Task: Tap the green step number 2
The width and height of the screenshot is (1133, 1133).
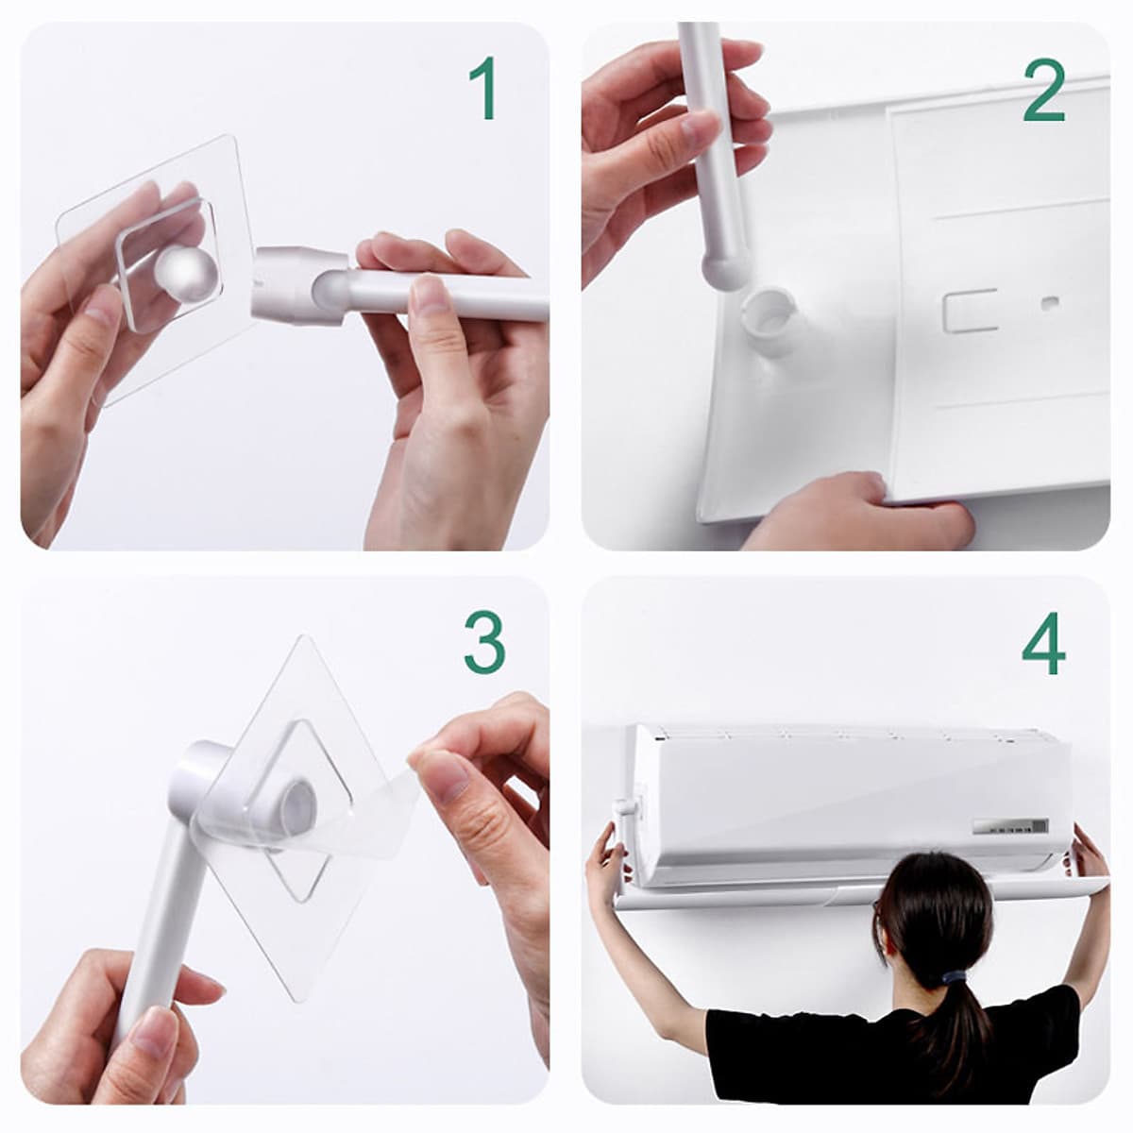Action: pyautogui.click(x=1044, y=91)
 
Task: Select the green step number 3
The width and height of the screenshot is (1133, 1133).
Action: pyautogui.click(x=484, y=643)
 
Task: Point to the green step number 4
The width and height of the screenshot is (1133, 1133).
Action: pyautogui.click(x=1043, y=643)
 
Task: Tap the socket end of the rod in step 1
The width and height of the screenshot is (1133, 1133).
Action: pyautogui.click(x=300, y=287)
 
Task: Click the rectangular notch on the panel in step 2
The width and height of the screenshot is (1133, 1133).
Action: pyautogui.click(x=971, y=311)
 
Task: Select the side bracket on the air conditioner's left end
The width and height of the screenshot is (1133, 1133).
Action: pyautogui.click(x=626, y=819)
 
